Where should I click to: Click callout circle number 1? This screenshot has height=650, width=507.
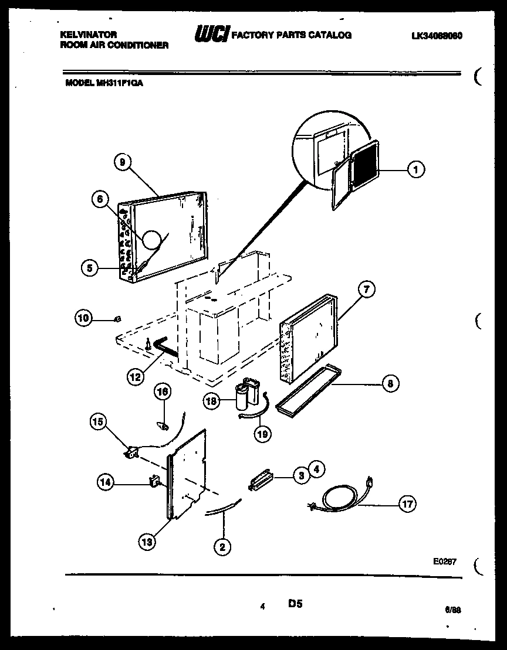pyautogui.click(x=415, y=170)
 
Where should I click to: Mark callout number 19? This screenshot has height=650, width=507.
pyautogui.click(x=262, y=433)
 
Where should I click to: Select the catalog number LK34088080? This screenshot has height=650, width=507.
pyautogui.click(x=437, y=35)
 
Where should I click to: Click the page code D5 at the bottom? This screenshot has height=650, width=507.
pyautogui.click(x=295, y=603)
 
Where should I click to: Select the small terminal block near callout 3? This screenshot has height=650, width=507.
pyautogui.click(x=261, y=477)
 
